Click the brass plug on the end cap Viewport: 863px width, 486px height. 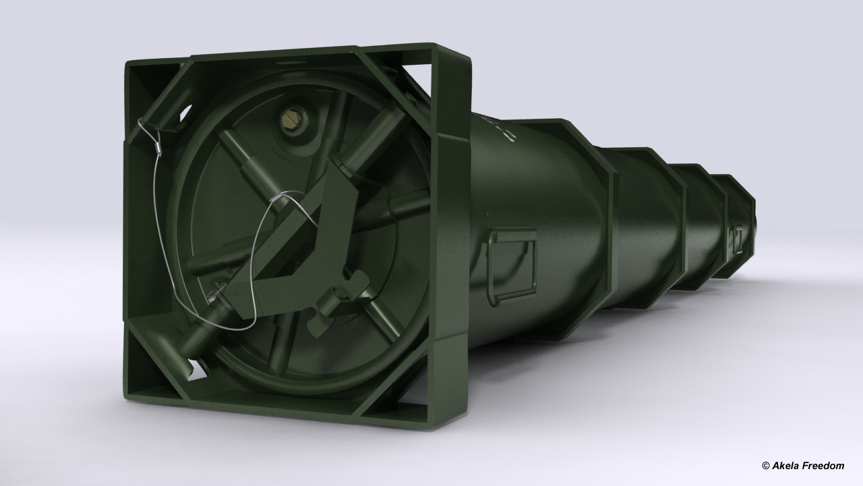click(x=291, y=119)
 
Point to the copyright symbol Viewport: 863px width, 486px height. click(x=766, y=466)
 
